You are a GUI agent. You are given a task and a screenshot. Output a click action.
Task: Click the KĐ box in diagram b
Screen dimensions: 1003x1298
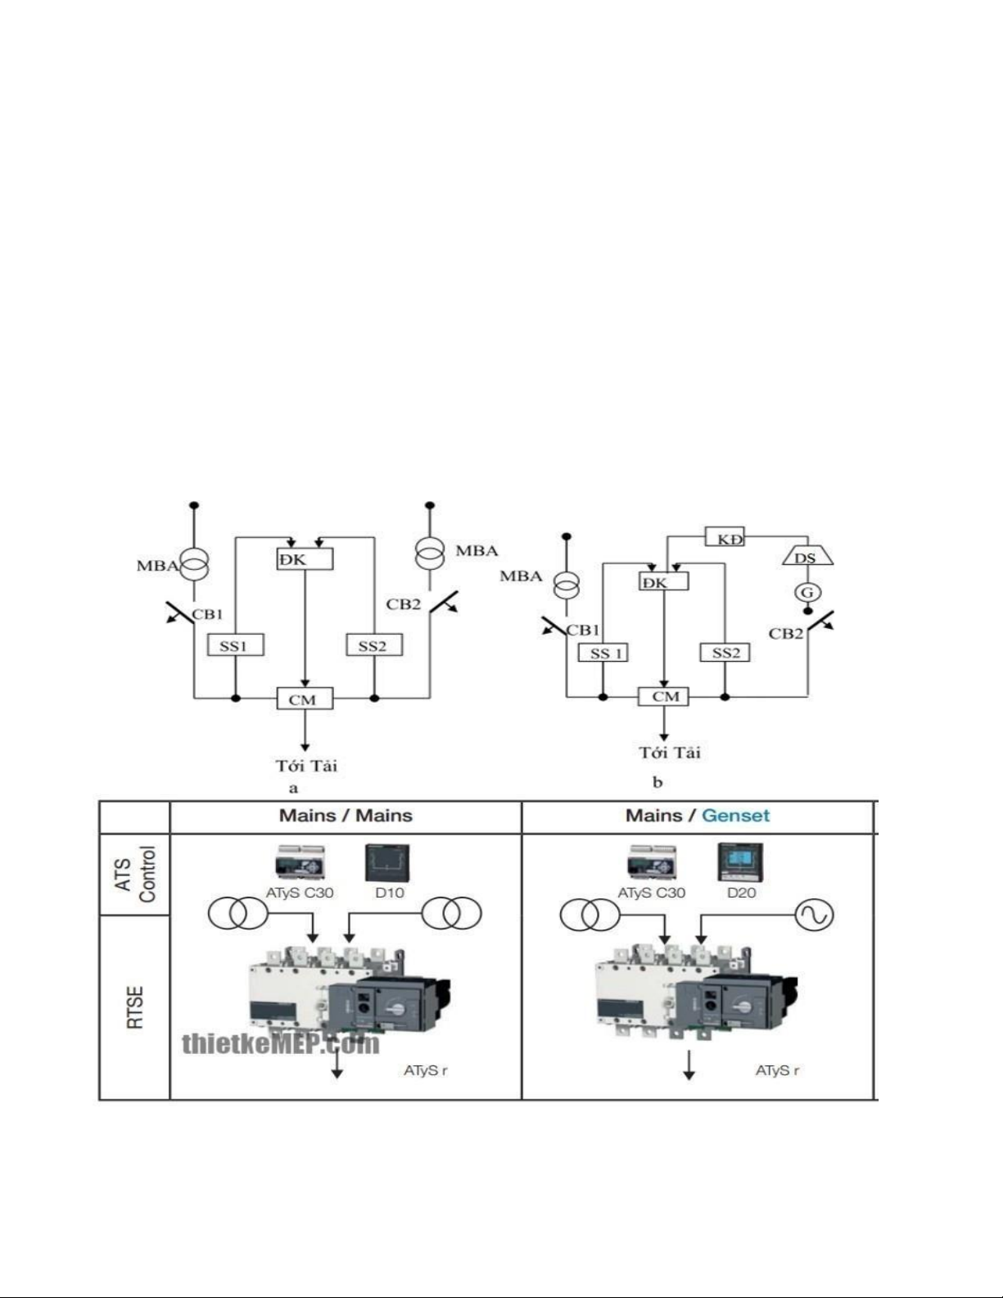click(x=724, y=536)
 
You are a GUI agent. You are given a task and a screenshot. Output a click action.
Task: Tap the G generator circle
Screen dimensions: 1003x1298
click(x=807, y=593)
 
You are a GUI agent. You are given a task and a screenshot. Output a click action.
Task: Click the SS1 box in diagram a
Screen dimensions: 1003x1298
click(x=235, y=644)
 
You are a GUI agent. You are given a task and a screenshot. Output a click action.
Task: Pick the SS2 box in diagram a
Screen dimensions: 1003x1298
click(x=374, y=644)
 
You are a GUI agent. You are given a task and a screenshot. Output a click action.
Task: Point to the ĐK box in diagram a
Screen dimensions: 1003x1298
click(x=305, y=559)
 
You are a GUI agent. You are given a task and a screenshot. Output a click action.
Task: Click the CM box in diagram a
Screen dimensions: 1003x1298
click(x=305, y=699)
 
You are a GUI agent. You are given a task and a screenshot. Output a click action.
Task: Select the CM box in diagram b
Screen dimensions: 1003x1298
click(x=663, y=696)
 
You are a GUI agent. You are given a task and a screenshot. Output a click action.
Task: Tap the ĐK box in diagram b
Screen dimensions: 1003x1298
click(x=663, y=581)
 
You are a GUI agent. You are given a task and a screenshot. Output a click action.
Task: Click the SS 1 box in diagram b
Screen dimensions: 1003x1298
click(x=603, y=653)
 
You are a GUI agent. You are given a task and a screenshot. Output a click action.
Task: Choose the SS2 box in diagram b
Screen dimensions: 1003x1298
click(x=725, y=653)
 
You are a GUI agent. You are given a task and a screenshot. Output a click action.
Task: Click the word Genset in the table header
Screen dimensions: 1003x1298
click(x=735, y=816)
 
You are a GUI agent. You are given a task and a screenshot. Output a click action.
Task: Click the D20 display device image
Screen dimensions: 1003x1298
click(x=741, y=862)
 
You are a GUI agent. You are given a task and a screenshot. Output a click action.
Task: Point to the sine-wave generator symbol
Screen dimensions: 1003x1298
click(x=815, y=915)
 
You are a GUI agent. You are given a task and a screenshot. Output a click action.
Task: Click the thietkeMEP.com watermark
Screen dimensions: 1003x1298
click(x=281, y=1043)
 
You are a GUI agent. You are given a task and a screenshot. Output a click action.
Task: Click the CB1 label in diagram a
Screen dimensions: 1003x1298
click(x=207, y=614)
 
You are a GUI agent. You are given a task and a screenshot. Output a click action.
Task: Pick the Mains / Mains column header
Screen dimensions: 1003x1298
click(x=346, y=816)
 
